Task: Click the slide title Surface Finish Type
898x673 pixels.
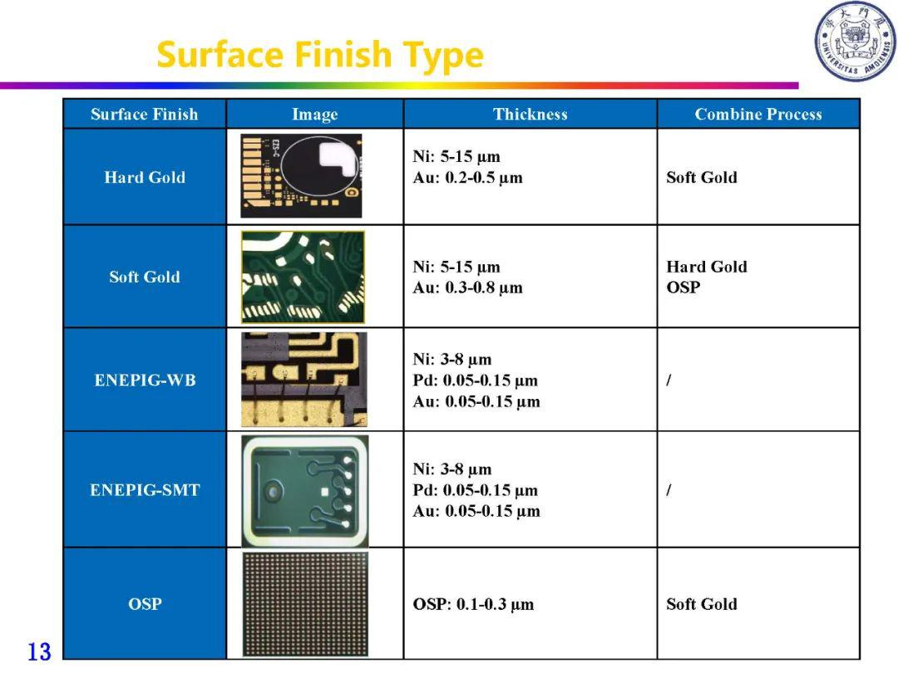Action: pyautogui.click(x=320, y=56)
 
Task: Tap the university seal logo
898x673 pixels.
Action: pyautogui.click(x=856, y=42)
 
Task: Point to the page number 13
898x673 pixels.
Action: pyautogui.click(x=40, y=652)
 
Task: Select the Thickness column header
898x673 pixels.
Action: pyautogui.click(x=530, y=114)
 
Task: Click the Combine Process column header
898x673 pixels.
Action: pyautogui.click(x=758, y=114)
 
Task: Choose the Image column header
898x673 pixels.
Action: pyautogui.click(x=315, y=115)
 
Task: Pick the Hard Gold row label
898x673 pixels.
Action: pyautogui.click(x=145, y=178)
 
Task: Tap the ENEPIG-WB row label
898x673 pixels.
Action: pyautogui.click(x=145, y=380)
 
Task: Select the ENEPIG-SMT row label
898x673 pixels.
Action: pyautogui.click(x=145, y=490)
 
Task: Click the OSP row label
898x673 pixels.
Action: pyautogui.click(x=145, y=604)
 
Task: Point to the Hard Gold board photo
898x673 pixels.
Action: pyautogui.click(x=301, y=175)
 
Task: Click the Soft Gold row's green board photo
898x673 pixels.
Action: pyautogui.click(x=303, y=277)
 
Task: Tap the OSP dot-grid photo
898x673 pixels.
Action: pyautogui.click(x=305, y=604)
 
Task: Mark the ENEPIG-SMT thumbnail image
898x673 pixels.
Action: pyautogui.click(x=304, y=491)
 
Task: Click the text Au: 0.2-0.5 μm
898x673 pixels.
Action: pyautogui.click(x=468, y=178)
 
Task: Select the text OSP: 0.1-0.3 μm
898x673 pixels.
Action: pyautogui.click(x=473, y=604)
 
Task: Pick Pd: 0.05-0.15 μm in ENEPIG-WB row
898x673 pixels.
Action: pyautogui.click(x=476, y=381)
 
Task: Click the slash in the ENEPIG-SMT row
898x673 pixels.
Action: pyautogui.click(x=669, y=490)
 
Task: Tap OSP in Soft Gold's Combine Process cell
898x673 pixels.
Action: pyautogui.click(x=683, y=287)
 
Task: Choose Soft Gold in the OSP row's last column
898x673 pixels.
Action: pyautogui.click(x=702, y=604)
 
